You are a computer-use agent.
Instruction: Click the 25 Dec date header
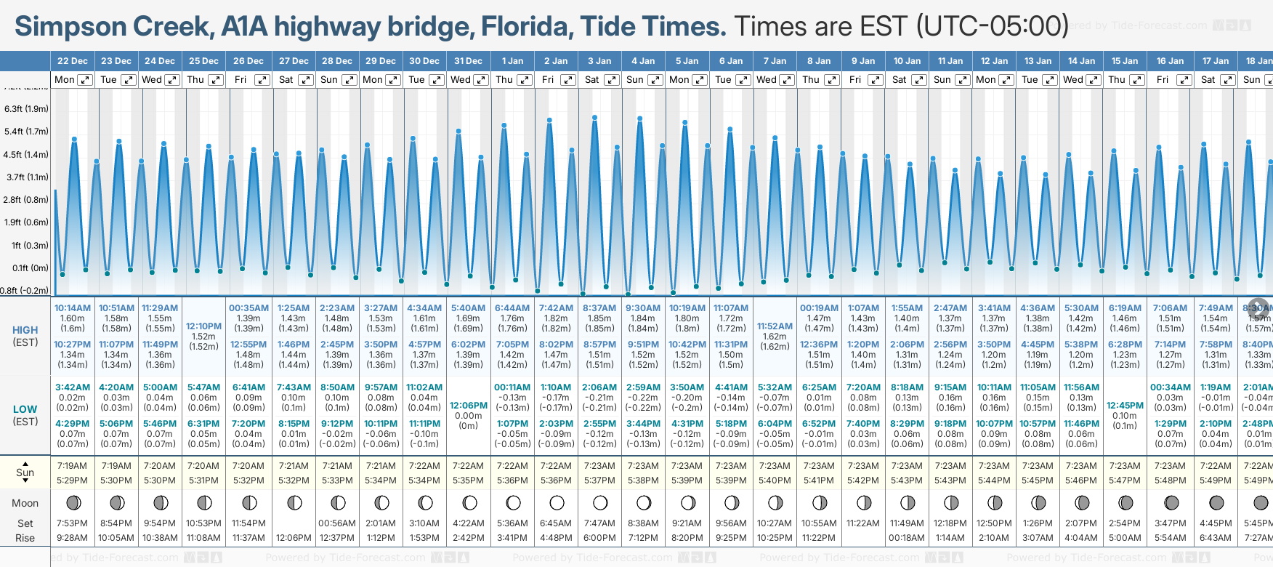click(x=203, y=61)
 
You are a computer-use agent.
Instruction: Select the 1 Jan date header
click(x=512, y=61)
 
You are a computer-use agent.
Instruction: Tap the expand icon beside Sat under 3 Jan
click(x=612, y=80)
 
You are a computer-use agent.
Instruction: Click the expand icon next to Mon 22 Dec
click(x=85, y=80)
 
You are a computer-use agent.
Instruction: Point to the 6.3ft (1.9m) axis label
click(x=26, y=109)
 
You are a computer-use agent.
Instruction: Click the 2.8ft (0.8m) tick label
click(x=26, y=199)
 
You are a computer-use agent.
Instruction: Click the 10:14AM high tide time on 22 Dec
click(x=73, y=308)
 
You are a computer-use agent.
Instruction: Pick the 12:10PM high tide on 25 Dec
click(x=203, y=326)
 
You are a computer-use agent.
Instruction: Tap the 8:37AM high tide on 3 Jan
click(x=599, y=308)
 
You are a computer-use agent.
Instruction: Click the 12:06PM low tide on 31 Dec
click(x=469, y=406)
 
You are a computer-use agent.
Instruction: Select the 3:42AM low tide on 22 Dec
click(x=73, y=387)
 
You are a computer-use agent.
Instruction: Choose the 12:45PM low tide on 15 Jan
click(x=1125, y=406)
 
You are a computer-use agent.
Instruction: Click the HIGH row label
click(x=25, y=330)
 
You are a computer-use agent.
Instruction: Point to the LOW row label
click(x=25, y=409)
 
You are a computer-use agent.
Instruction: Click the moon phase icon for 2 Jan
click(x=557, y=503)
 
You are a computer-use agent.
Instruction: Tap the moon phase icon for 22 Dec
click(x=73, y=503)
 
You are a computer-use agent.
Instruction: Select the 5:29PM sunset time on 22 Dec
click(x=73, y=480)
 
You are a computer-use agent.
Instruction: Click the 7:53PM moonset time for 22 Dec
click(x=73, y=523)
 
